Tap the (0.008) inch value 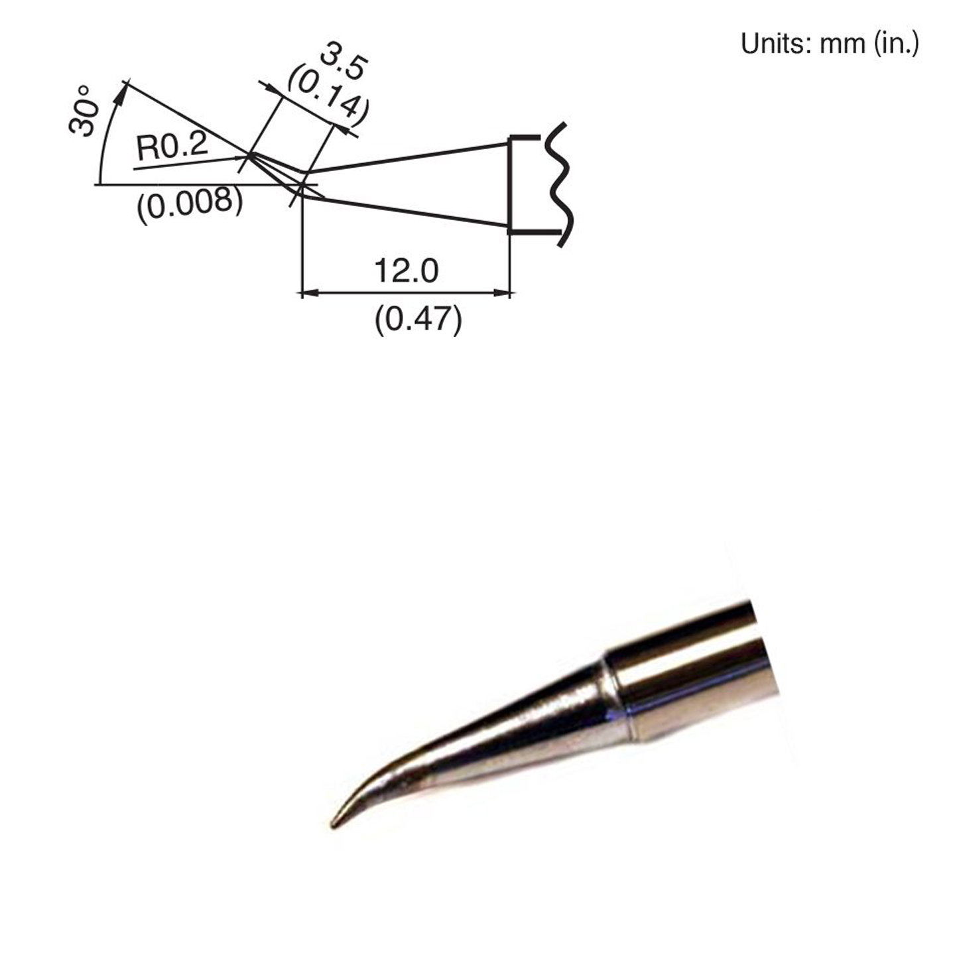tap(190, 205)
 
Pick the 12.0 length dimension tap(406, 271)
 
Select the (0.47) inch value tap(418, 320)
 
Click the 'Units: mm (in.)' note tap(830, 44)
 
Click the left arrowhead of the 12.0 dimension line tap(309, 292)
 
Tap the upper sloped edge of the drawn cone tap(405, 157)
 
